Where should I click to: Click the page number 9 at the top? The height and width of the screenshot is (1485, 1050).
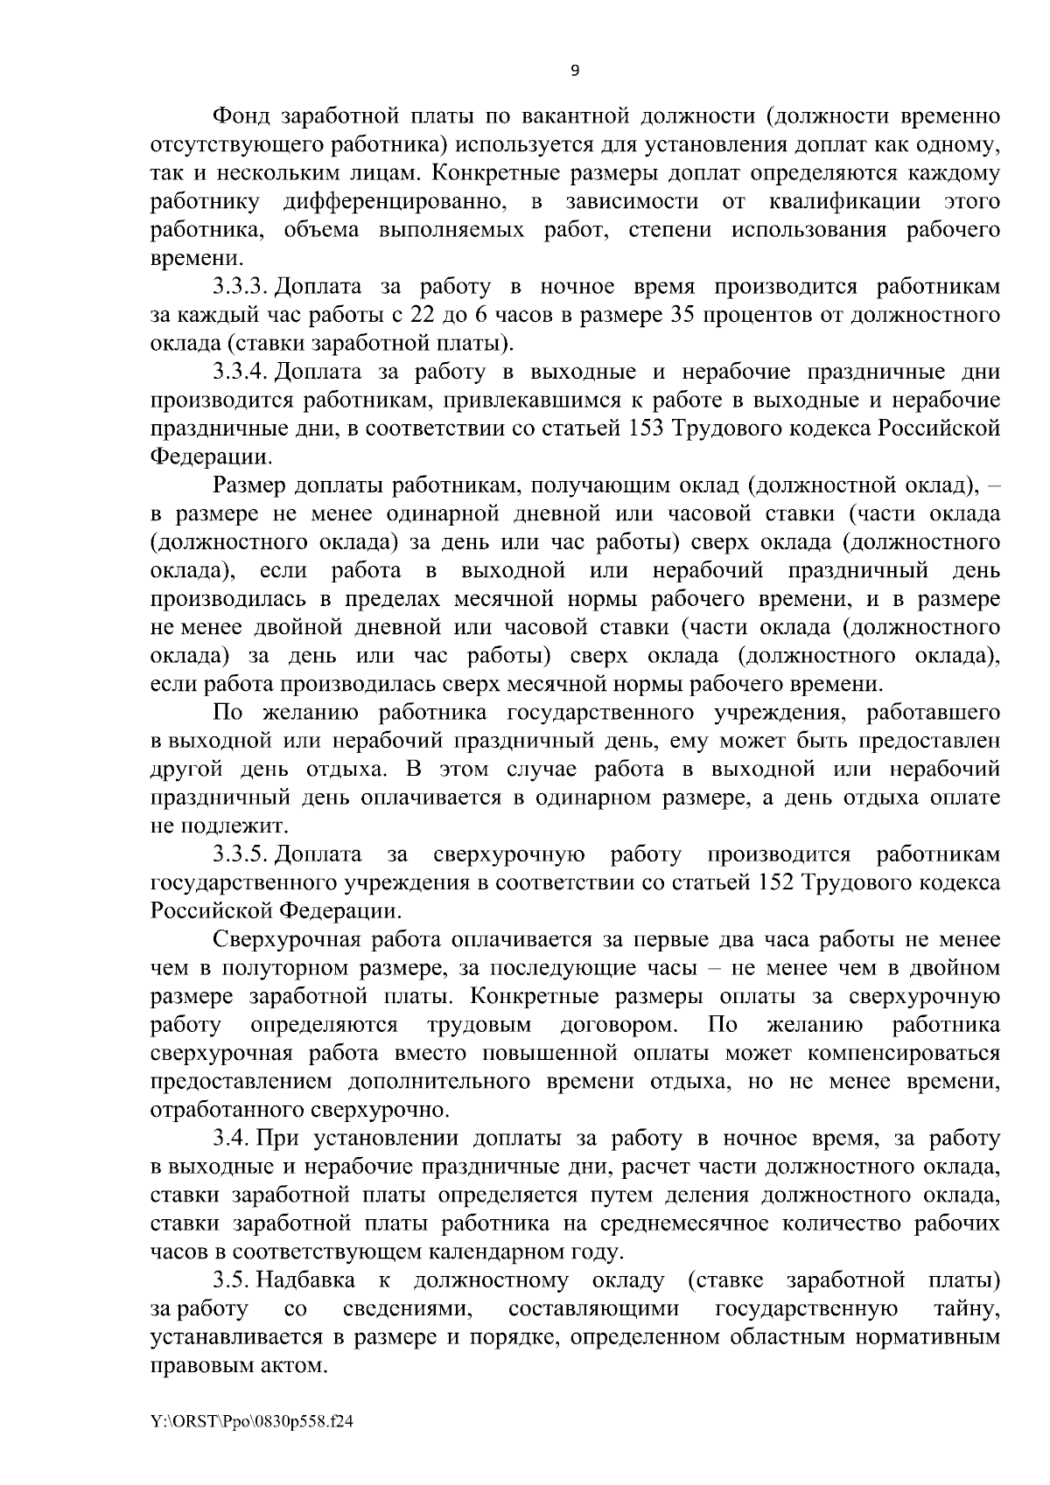click(575, 72)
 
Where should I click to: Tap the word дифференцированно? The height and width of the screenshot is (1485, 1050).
click(396, 202)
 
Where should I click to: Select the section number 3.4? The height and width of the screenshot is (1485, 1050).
click(233, 1138)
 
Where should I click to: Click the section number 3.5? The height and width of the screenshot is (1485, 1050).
click(233, 1281)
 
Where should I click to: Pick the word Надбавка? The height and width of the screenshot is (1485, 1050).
click(307, 1281)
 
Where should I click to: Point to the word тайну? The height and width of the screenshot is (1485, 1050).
click(966, 1309)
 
